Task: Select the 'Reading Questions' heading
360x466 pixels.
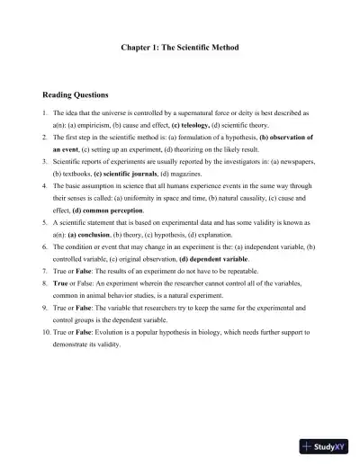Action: tap(76, 94)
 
